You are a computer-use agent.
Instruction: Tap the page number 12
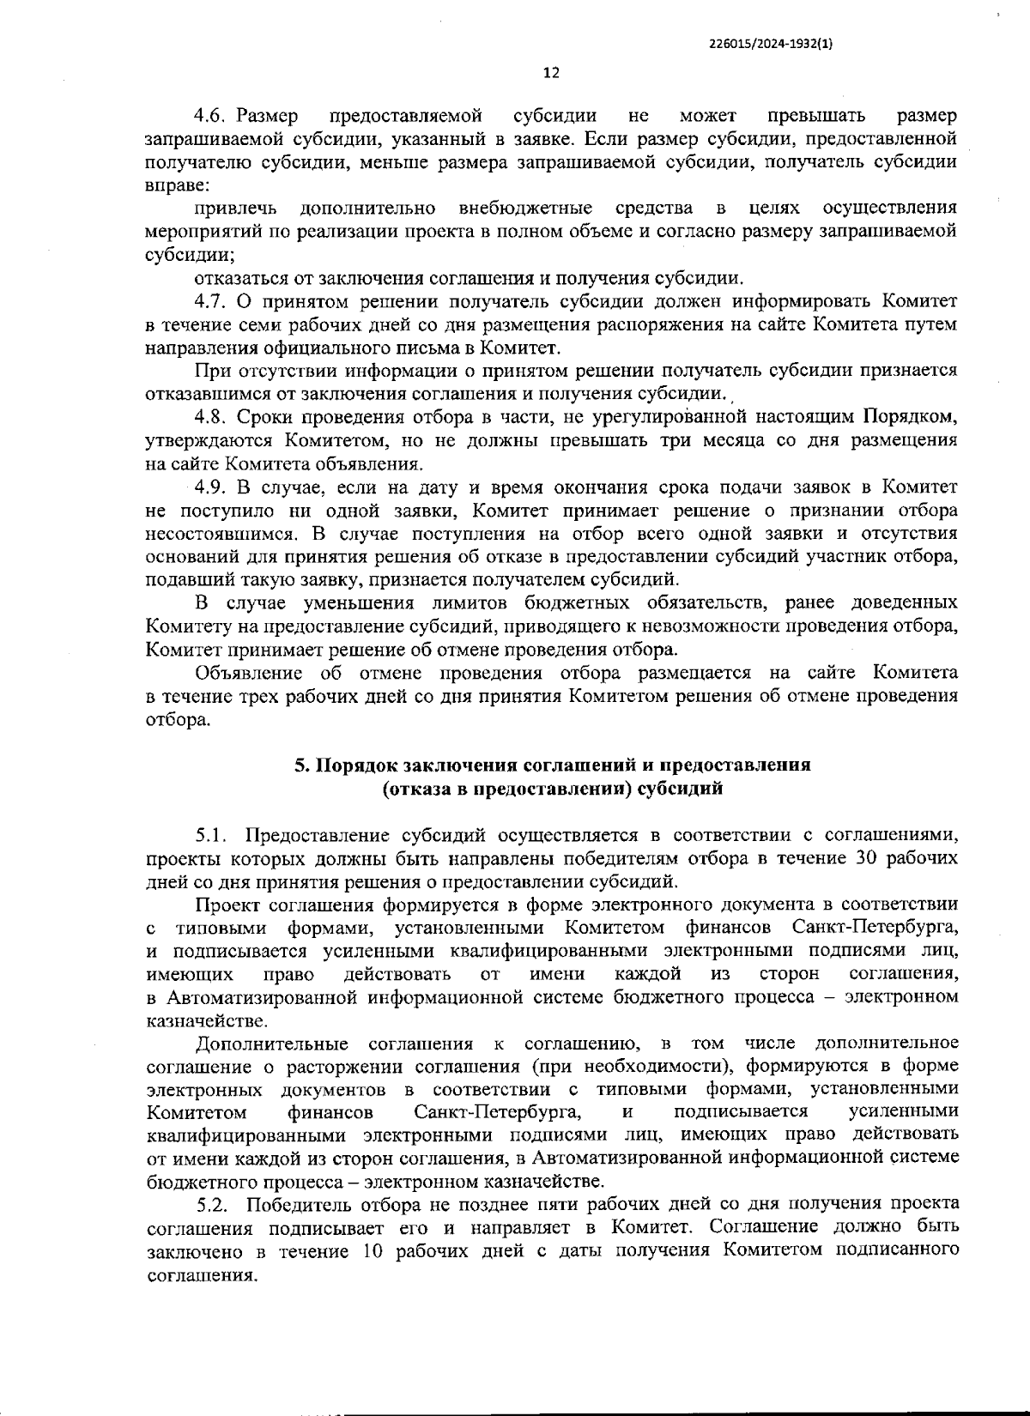click(x=551, y=73)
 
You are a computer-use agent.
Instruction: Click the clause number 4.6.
click(x=209, y=116)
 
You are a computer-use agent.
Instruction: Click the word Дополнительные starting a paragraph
click(x=271, y=1044)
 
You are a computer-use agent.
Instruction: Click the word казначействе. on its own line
click(x=195, y=1021)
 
